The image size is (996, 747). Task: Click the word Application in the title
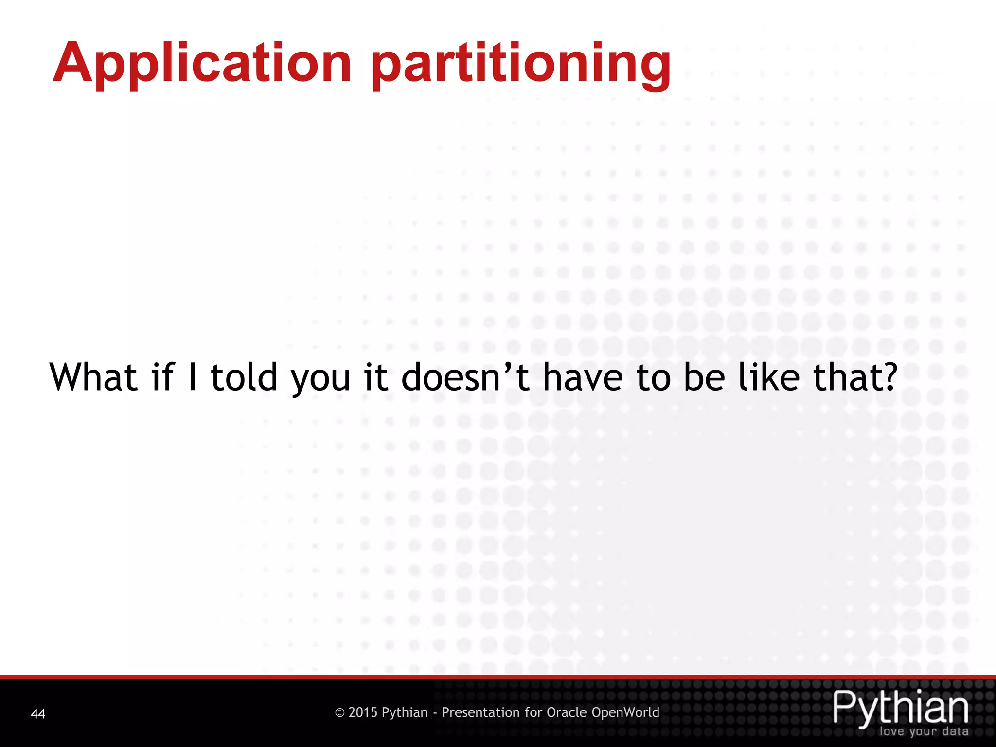[202, 63]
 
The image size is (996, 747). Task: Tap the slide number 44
[38, 714]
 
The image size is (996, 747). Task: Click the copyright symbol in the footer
[340, 713]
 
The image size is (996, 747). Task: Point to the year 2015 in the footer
[363, 712]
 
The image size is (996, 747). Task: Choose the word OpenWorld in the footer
[625, 712]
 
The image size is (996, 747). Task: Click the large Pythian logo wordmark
[901, 707]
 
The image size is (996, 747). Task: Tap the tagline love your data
[924, 731]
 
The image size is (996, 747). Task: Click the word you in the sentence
[320, 379]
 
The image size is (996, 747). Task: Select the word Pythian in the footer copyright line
[405, 713]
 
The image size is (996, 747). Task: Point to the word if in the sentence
[162, 377]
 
